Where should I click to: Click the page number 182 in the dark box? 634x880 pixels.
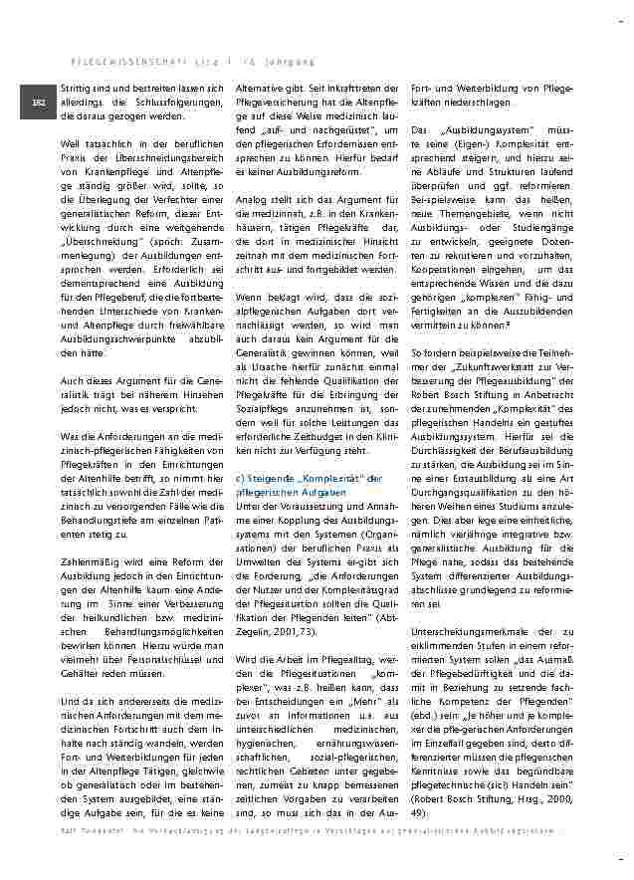(x=39, y=103)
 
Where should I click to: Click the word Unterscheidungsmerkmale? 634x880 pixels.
(x=465, y=630)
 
